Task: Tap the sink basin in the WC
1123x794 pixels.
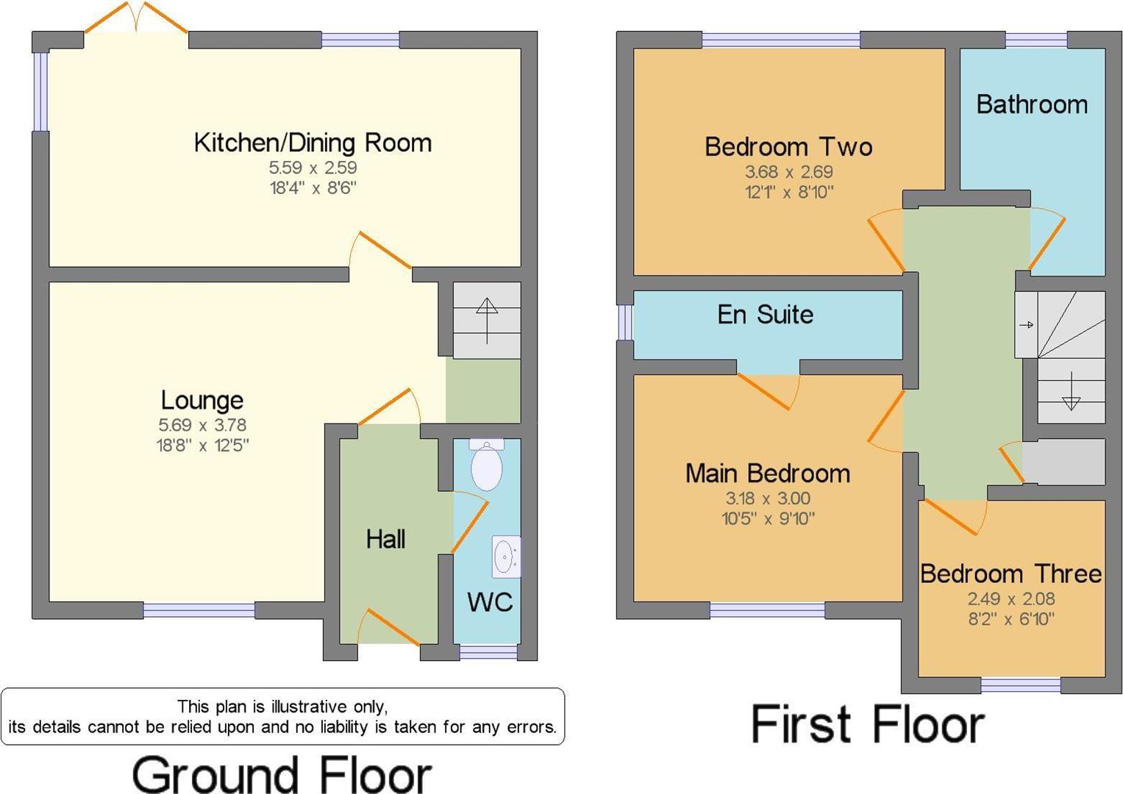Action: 505,557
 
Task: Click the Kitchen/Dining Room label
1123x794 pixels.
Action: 313,143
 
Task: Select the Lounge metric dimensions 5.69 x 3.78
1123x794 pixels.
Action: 202,425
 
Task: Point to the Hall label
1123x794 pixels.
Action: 385,540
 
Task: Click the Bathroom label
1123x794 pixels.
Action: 1032,105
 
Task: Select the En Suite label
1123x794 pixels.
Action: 765,315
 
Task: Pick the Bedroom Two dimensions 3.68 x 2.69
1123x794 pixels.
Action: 788,172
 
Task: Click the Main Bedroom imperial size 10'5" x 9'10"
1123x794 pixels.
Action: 768,518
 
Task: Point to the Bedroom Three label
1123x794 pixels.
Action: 1010,573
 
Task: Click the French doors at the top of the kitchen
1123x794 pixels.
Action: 136,18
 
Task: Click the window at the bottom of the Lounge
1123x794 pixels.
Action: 199,609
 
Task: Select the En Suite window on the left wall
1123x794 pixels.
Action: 624,323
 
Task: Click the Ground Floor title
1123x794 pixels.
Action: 282,775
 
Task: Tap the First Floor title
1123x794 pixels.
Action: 867,725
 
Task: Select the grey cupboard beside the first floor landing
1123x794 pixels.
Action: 1064,462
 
